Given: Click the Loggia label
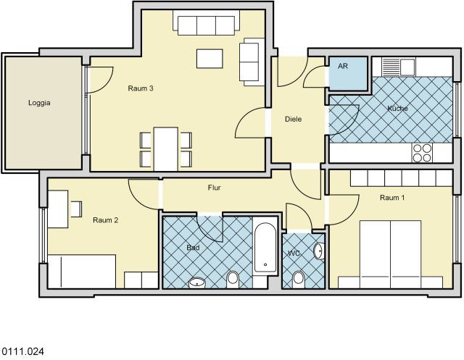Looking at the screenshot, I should [40, 103].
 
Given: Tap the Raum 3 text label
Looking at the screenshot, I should [140, 88].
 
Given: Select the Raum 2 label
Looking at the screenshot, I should [105, 220].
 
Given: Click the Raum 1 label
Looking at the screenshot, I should [392, 197].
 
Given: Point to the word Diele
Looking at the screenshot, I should [293, 120].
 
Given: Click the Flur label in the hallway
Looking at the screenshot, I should [214, 188].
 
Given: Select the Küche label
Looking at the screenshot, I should [397, 109].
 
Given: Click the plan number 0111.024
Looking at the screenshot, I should [22, 351].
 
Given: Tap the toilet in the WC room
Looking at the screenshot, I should [298, 277].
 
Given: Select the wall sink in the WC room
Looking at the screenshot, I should [318, 251].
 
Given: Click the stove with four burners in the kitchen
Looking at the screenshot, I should [421, 152].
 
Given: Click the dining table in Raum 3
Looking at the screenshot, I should [166, 148].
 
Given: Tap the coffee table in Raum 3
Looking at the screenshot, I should [209, 58].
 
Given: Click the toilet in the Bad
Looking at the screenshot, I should [233, 278].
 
